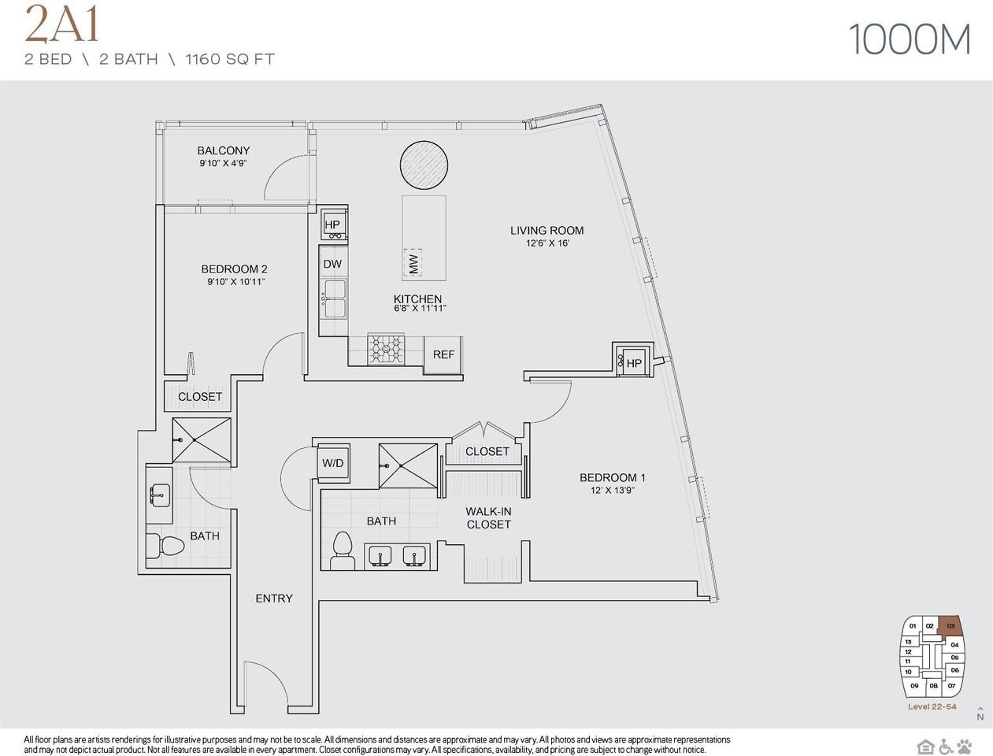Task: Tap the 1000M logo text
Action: (x=910, y=39)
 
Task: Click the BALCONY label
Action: (x=223, y=150)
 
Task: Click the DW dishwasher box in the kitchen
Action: (x=332, y=264)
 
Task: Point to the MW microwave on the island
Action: (x=413, y=262)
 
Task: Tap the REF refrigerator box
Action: (x=443, y=354)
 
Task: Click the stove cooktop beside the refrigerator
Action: (x=386, y=349)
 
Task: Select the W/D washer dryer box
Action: (x=333, y=463)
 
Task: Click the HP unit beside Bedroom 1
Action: (x=634, y=361)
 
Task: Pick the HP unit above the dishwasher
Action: (x=332, y=225)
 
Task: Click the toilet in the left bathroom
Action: (x=165, y=545)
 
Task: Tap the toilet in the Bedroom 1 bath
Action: (x=343, y=550)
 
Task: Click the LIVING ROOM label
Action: (x=547, y=231)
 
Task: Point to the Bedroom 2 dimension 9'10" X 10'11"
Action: (x=235, y=281)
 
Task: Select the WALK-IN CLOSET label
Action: (x=488, y=517)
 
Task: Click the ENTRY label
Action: (x=274, y=598)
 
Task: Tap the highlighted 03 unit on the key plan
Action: (x=950, y=626)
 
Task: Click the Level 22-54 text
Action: (x=932, y=706)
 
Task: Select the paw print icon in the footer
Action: (x=965, y=747)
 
